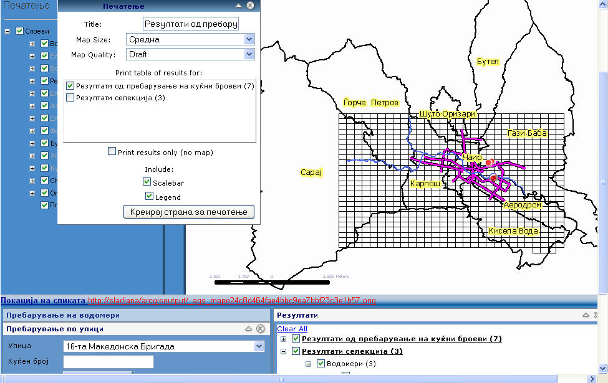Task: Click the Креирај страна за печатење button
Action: point(189,212)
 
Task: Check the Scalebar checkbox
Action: point(147,182)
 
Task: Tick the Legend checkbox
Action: point(149,196)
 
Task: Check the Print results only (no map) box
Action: point(112,151)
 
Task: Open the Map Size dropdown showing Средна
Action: point(190,39)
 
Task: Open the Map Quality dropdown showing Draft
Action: point(190,54)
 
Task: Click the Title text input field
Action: point(191,24)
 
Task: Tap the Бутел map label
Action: point(488,62)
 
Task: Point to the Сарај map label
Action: point(310,173)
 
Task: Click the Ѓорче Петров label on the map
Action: point(370,102)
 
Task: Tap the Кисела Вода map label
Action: point(513,230)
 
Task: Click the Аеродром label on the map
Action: point(522,205)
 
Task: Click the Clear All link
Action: point(292,328)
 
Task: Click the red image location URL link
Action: point(231,301)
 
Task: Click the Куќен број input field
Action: point(108,361)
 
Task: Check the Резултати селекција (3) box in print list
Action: point(70,98)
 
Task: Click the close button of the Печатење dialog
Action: point(250,5)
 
